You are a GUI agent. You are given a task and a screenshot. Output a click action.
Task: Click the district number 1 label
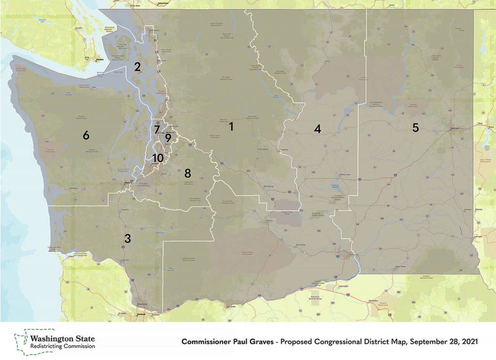(x=231, y=127)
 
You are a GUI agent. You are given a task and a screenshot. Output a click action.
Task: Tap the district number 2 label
(x=138, y=67)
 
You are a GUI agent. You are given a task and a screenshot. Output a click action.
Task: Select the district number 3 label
(x=127, y=238)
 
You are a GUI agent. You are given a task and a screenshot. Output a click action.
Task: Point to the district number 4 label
(x=317, y=129)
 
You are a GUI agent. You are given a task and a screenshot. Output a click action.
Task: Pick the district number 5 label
(x=416, y=127)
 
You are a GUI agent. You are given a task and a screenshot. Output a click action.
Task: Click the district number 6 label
(x=86, y=136)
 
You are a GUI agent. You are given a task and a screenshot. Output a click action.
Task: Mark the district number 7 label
(x=157, y=130)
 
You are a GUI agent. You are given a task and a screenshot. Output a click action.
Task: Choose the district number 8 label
(x=187, y=173)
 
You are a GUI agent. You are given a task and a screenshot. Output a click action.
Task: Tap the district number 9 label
(x=168, y=138)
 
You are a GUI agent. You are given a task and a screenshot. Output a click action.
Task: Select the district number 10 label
(x=157, y=158)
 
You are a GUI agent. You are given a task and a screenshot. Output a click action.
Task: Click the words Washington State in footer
(x=62, y=338)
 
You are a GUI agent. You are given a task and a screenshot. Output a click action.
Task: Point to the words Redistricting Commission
(x=62, y=346)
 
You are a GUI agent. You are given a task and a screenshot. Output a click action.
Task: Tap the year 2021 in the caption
(x=468, y=342)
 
